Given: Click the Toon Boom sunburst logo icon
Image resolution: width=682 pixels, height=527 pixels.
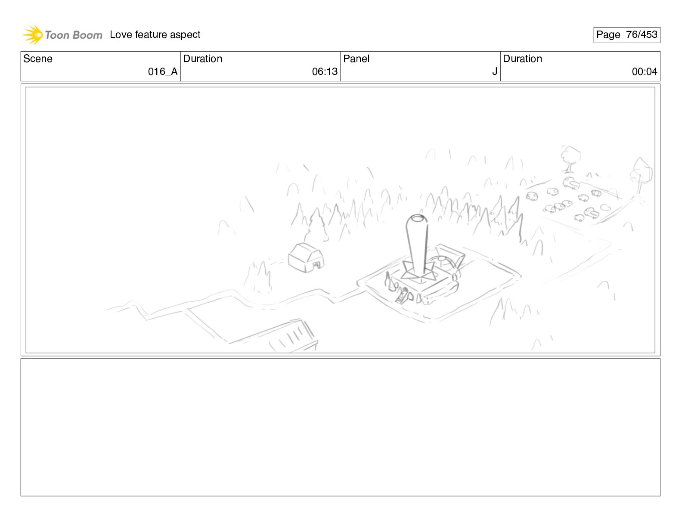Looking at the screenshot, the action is tap(32, 34).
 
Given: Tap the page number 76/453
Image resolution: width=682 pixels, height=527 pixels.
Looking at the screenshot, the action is tap(642, 34).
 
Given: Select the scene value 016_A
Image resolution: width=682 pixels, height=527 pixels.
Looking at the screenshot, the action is tap(163, 71).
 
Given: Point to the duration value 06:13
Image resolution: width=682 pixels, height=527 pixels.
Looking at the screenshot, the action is tap(325, 71).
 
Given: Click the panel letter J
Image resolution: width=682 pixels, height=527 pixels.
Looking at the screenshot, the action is tap(495, 71).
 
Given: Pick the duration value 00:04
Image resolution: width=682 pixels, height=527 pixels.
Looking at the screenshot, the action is tap(645, 71).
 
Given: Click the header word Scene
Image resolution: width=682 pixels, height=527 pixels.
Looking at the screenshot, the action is tap(37, 59).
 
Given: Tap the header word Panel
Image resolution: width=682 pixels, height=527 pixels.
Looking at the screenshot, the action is tap(356, 59).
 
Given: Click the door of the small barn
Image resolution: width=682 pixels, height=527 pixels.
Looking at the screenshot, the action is tap(317, 266).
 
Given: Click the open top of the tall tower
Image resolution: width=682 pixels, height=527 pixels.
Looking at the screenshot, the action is tap(417, 218).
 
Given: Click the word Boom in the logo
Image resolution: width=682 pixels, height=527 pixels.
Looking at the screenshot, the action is tap(87, 35).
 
